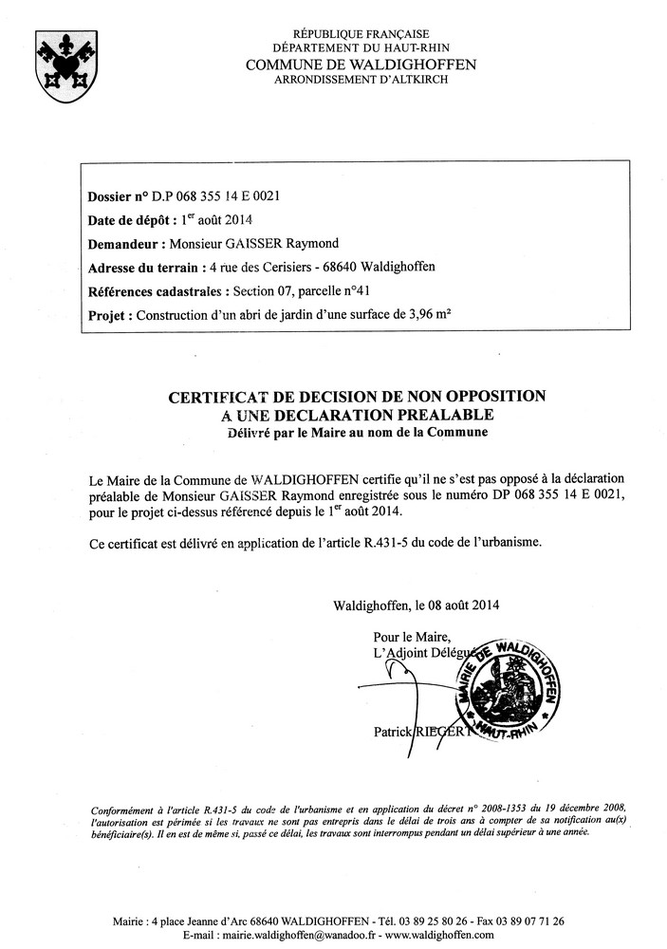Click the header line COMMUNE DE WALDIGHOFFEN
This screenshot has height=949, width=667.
[361, 64]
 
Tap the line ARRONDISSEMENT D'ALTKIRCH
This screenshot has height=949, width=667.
[361, 79]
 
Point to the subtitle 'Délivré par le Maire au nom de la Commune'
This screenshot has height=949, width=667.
[357, 432]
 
